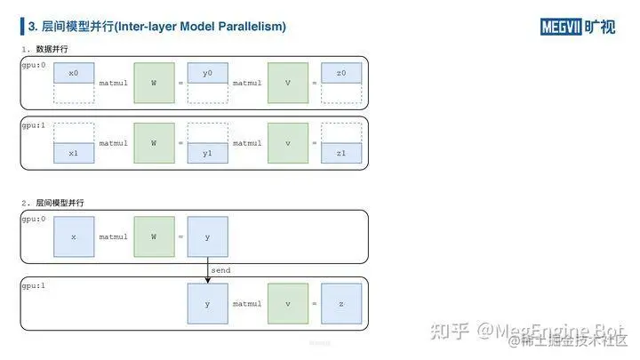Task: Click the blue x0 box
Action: (74, 73)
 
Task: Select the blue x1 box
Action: (74, 153)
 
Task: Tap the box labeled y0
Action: (207, 73)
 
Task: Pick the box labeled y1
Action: (207, 153)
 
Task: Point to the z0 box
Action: (341, 73)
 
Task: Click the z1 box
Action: (341, 153)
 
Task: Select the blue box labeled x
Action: (74, 236)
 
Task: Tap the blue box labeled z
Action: (341, 303)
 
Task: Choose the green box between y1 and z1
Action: (287, 142)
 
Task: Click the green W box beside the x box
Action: (154, 236)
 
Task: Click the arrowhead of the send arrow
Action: (207, 280)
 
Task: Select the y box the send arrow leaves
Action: (207, 236)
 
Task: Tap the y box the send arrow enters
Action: (207, 303)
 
